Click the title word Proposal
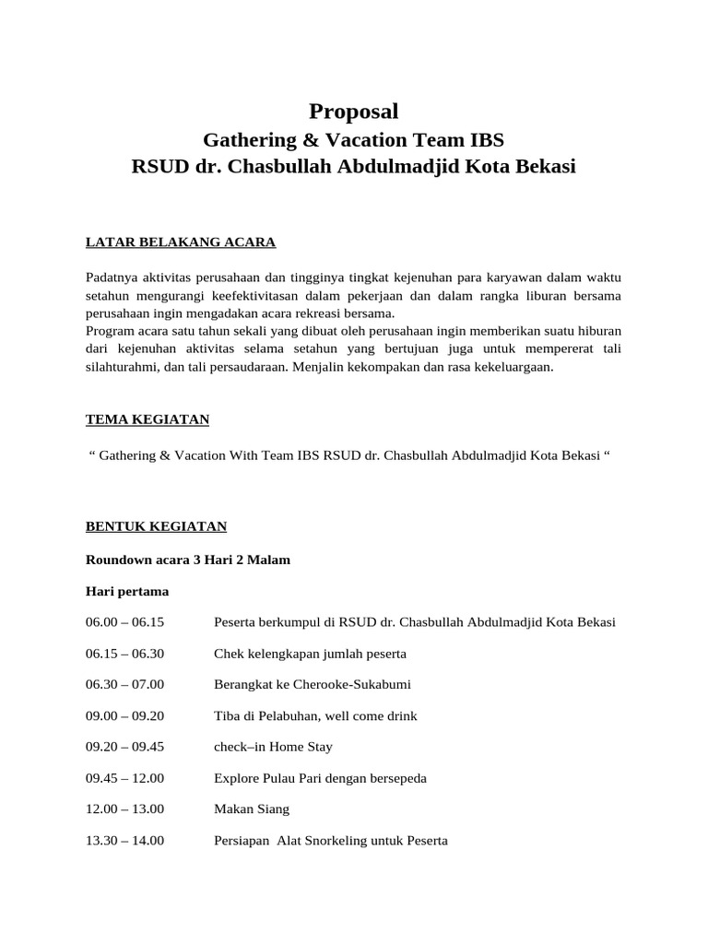coord(354,112)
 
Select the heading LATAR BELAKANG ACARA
coord(181,242)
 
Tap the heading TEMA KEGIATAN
coord(147,419)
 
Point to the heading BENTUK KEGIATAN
coord(156,526)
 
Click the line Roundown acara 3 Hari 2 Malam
coord(188,560)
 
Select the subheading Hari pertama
coord(127,591)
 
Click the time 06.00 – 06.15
coord(124,622)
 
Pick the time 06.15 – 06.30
coord(124,654)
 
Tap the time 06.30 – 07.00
coord(124,684)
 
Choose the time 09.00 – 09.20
coord(124,715)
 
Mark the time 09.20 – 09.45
coord(124,747)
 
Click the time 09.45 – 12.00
coord(124,778)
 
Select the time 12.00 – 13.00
coord(124,809)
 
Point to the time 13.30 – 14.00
coord(124,841)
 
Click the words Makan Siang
coord(252,809)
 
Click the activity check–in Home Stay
coord(273,747)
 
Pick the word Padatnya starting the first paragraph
coord(113,278)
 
